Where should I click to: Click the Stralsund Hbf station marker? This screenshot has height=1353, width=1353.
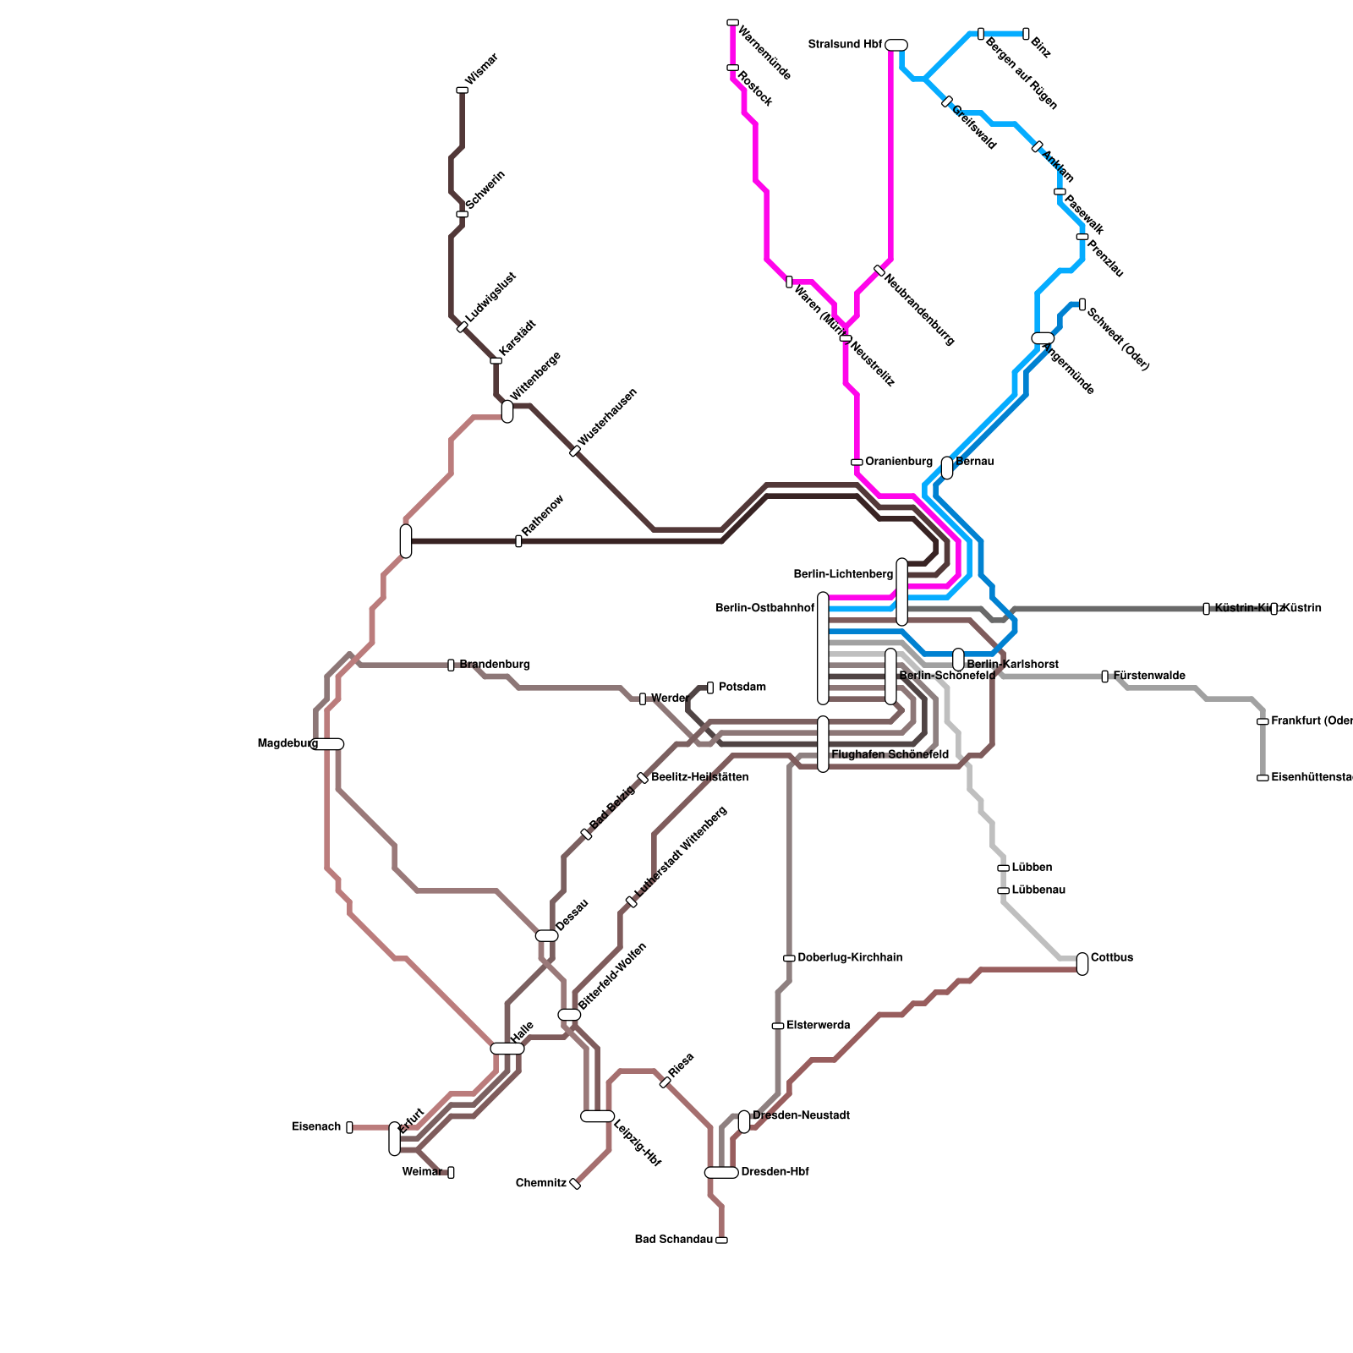coord(896,45)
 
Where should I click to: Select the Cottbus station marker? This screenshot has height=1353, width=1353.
coord(1082,964)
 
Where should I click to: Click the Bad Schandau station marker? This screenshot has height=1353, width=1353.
coord(721,1240)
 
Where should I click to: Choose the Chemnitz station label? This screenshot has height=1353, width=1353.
coord(541,1183)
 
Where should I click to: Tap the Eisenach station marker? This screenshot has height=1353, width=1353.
coord(349,1127)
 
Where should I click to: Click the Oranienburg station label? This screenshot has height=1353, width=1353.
coord(899,462)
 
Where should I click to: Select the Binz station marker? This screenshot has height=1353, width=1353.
coord(1026,34)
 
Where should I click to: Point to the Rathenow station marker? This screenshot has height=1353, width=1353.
coord(518,541)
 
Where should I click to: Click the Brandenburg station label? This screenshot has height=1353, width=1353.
coord(495,665)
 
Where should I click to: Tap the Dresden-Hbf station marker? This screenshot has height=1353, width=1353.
coord(721,1172)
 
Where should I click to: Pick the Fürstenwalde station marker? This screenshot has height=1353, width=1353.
coord(1104,676)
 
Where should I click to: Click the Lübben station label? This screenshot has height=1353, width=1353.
coord(1032,868)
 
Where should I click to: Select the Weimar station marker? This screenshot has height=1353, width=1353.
coord(451,1172)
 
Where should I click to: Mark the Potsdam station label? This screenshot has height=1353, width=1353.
coord(742,687)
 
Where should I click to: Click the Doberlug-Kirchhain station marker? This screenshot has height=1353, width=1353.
coord(789,958)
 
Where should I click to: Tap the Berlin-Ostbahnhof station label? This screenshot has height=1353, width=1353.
coord(764,609)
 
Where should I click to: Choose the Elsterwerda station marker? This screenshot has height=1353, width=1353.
coord(778,1026)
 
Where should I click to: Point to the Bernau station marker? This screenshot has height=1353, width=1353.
coord(947,468)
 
